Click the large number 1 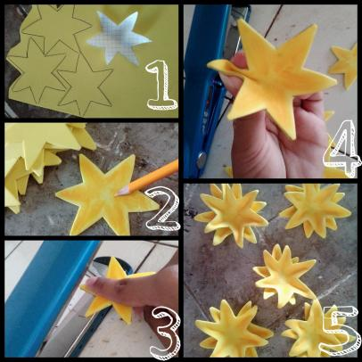(x=159, y=85)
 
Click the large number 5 (x=339, y=330)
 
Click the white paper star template (x=119, y=37)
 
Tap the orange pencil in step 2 (x=148, y=177)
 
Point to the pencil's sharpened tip (x=117, y=195)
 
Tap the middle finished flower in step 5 (x=284, y=275)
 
